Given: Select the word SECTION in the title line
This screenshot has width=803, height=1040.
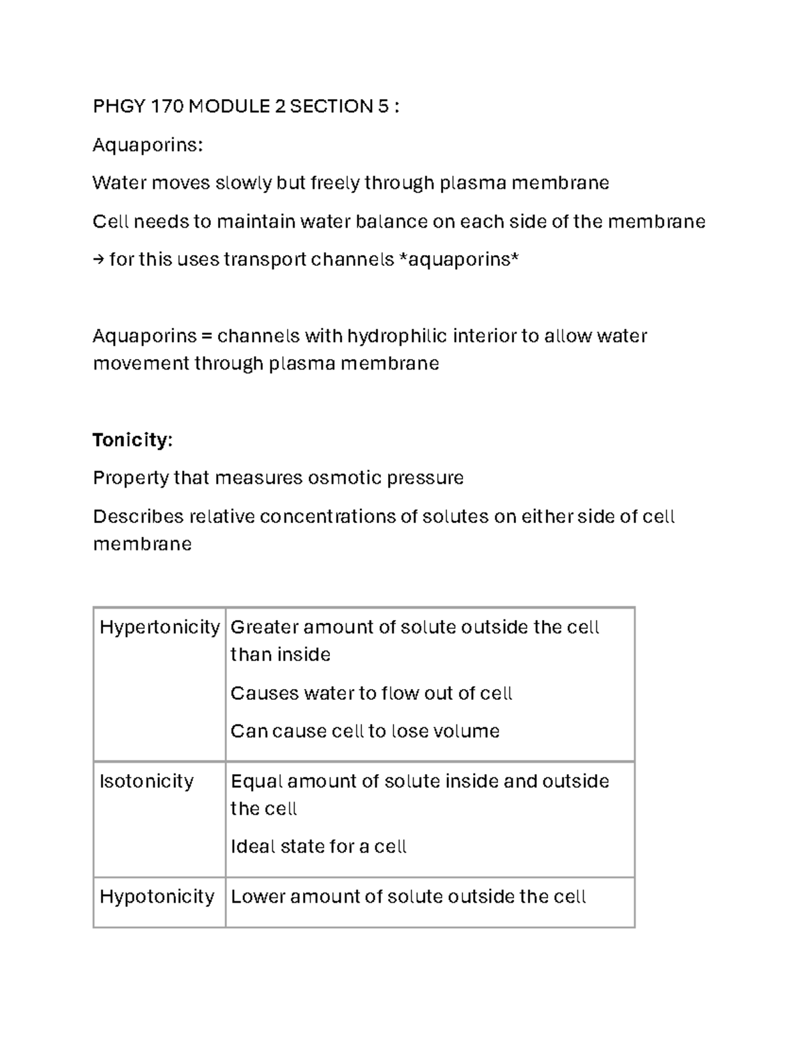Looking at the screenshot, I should pos(331,106).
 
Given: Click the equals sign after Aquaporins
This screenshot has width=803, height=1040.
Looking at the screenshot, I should pos(207,336).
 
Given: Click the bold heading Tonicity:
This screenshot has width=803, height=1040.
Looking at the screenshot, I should pos(132,440).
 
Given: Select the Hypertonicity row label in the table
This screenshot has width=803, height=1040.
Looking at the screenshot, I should pos(159,627).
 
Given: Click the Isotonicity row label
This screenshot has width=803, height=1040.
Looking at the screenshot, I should pos(147,782).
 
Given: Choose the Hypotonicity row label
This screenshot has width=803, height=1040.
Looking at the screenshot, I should pos(157,897).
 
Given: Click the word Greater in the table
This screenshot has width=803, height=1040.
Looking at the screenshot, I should pos(264,627).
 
